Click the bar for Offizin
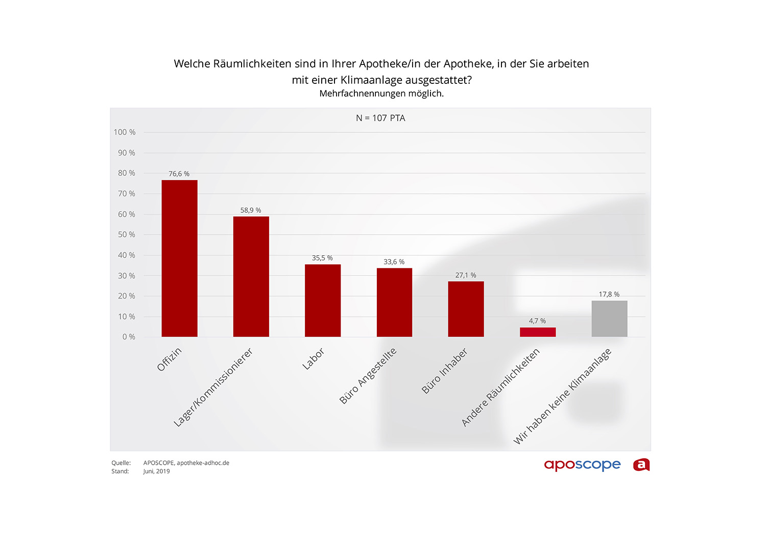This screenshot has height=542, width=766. click(x=179, y=258)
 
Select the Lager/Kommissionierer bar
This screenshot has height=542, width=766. click(x=251, y=277)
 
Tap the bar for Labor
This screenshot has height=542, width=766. click(x=323, y=301)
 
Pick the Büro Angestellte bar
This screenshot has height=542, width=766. click(x=394, y=302)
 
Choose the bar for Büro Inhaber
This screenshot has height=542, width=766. click(x=466, y=309)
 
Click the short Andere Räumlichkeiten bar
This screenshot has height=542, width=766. click(x=538, y=332)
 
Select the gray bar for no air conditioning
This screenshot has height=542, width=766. click(x=609, y=319)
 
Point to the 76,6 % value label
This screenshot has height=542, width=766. click(x=179, y=174)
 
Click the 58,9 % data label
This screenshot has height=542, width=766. click(x=251, y=210)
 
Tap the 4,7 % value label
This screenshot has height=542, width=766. click(x=537, y=321)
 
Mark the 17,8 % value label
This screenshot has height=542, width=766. click(x=609, y=295)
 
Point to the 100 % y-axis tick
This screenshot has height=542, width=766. click(x=125, y=132)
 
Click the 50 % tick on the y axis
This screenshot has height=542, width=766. click(x=127, y=235)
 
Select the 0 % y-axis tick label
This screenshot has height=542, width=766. click(x=129, y=337)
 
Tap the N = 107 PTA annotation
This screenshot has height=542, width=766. click(x=380, y=118)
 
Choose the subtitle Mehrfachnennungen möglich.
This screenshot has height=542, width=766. click(x=381, y=94)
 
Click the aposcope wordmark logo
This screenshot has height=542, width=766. click(x=582, y=465)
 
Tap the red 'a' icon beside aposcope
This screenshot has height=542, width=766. click(x=641, y=465)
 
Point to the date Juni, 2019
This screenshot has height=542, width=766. click(x=156, y=471)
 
